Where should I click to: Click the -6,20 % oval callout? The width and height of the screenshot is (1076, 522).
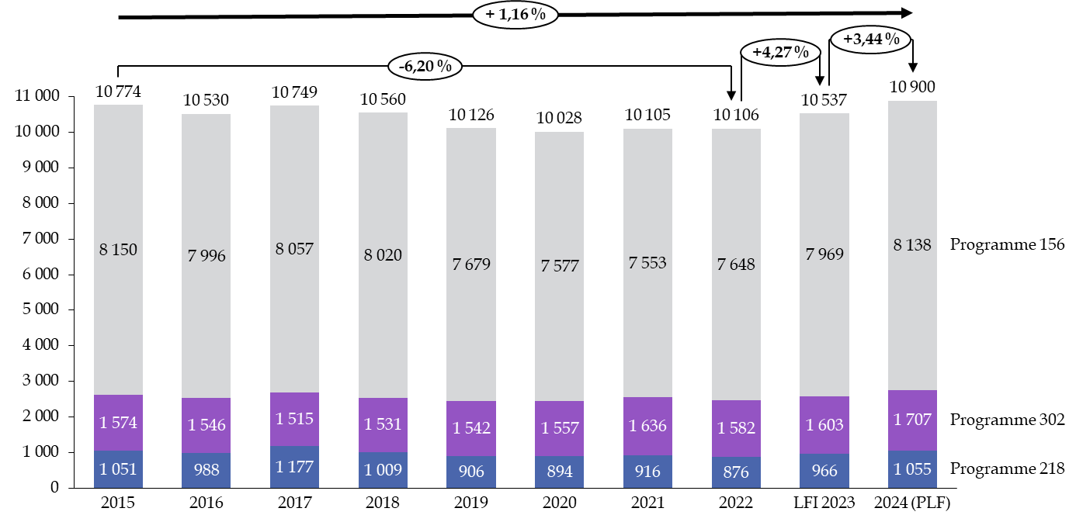425,67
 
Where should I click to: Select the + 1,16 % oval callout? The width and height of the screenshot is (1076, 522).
515,15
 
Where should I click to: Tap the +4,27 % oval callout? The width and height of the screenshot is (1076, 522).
780,53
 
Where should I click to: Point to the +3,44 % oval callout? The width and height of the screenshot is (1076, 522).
870,39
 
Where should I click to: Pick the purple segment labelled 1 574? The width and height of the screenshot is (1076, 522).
118,423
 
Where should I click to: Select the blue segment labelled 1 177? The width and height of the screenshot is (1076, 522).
294,467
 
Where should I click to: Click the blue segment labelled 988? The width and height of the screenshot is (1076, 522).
206,470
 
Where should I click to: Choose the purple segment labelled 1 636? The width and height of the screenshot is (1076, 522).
647,426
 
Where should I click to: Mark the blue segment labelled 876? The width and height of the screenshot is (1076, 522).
736,472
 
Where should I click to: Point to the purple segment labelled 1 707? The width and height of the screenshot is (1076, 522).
912,420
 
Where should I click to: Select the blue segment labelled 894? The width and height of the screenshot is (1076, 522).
559,472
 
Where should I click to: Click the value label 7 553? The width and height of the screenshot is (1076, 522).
647,263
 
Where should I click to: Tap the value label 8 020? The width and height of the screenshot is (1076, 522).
383,254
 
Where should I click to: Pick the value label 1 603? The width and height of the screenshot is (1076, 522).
824,425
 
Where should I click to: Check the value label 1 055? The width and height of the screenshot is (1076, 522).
912,468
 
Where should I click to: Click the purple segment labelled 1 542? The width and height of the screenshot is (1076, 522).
471,428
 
